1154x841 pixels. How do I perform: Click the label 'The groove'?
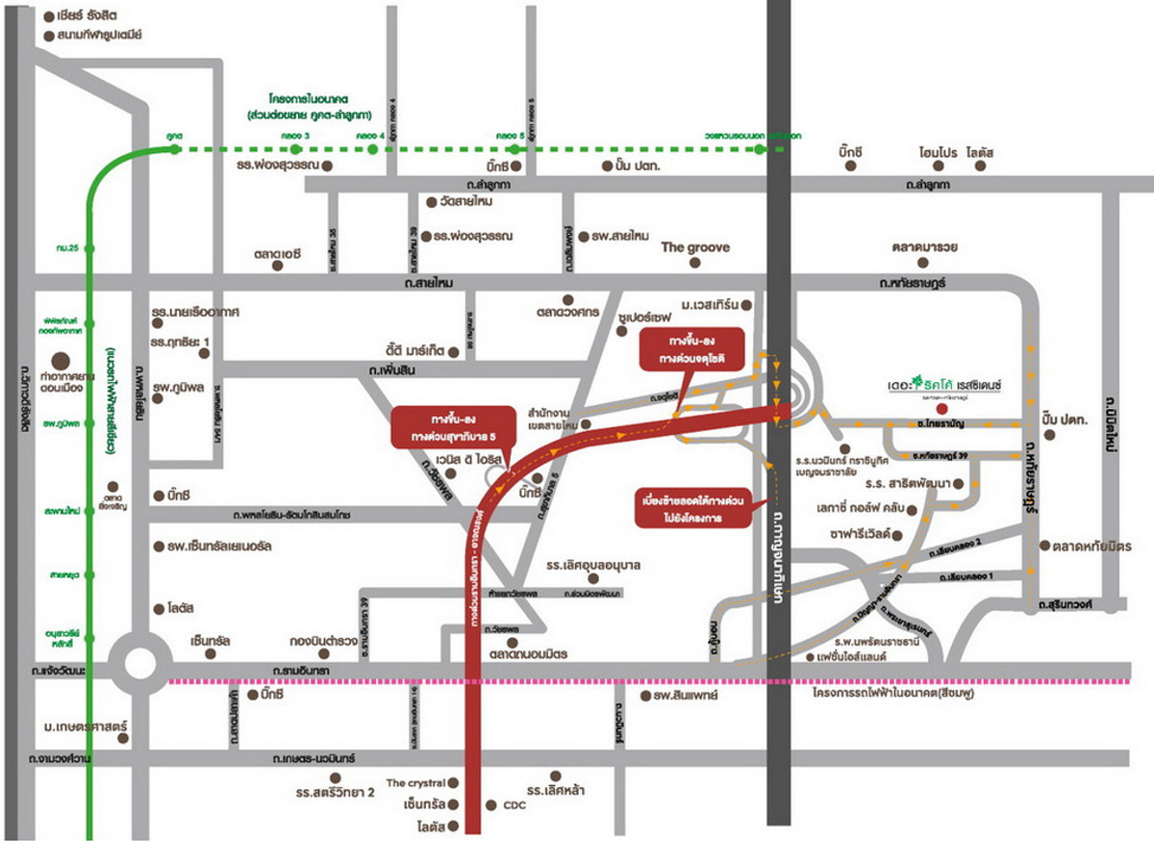click(x=694, y=247)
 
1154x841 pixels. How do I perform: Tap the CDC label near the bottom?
click(x=515, y=805)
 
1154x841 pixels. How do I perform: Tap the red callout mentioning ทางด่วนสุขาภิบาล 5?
click(x=451, y=428)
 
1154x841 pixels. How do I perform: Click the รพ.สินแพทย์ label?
click(x=686, y=695)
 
